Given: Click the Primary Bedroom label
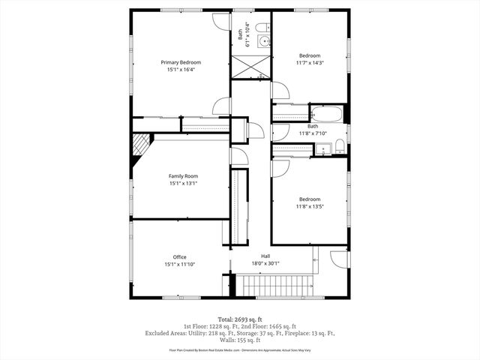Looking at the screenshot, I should pos(180,62).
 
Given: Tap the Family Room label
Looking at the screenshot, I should pos(180,175).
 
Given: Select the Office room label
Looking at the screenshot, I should pos(180,257).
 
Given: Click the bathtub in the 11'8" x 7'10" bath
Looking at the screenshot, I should pos(326,115).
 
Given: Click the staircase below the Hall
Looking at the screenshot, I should pos(274,286).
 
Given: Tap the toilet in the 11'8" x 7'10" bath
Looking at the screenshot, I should pos(339,145).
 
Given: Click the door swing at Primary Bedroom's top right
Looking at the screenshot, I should pos(221,20).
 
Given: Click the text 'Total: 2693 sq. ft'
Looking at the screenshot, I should pos(240,319).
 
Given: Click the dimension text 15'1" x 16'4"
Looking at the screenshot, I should pos(180,70).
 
